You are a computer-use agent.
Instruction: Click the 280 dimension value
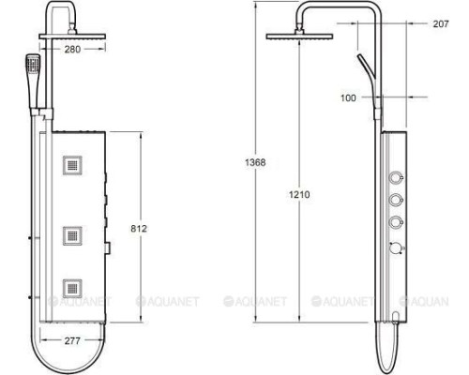(x=72, y=50)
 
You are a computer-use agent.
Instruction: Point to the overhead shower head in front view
(x=72, y=37)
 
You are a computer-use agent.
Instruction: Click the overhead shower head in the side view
(x=294, y=36)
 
